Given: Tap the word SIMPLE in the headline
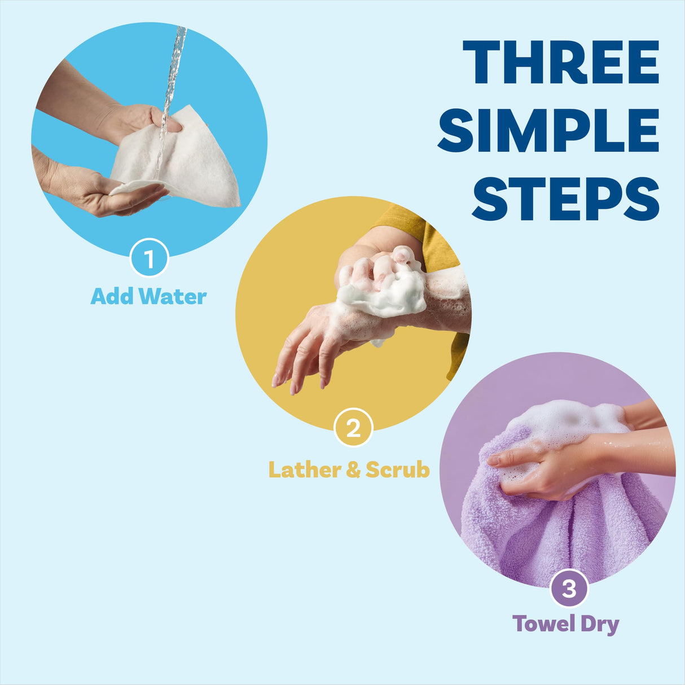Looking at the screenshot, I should coord(548,130).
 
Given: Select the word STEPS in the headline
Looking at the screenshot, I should coord(565,199).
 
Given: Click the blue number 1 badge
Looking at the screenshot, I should coord(149,259).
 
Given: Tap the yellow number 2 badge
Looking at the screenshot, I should coord(353,428).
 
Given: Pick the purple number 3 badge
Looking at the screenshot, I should coord(569,588).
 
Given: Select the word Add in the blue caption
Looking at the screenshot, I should coord(112,296).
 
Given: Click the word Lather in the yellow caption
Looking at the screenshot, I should coord(303,469).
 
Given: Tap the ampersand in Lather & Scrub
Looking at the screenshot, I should coord(353,469).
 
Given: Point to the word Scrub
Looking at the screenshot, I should coord(397,469).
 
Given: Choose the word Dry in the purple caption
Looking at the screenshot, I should coord(600,625).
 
